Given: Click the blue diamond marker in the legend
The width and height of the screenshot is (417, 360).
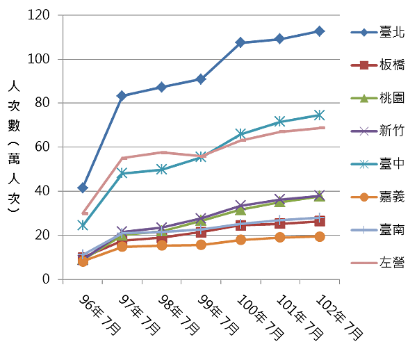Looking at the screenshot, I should point(363,32).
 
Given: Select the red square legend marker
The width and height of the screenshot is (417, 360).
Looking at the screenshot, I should point(363,65).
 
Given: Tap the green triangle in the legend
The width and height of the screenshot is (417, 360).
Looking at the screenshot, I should point(363,98).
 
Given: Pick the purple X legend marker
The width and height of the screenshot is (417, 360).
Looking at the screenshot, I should point(363,131).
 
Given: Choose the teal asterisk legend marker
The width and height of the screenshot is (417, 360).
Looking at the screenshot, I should point(363,164).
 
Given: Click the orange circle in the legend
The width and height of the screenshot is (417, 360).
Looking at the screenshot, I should point(363,197).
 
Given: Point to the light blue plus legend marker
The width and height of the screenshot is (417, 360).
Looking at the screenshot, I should point(363,230).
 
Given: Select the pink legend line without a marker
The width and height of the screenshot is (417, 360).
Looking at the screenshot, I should point(363,263).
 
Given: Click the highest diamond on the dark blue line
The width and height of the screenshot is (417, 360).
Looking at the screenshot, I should point(319,31).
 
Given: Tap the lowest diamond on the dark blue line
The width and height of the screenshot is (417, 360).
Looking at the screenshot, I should point(83,187).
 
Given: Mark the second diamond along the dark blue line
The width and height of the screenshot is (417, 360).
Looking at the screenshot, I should point(122,95).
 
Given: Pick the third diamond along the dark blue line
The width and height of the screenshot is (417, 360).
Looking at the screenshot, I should point(161,87).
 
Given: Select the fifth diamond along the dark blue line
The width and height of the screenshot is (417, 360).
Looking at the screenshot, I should point(240,42).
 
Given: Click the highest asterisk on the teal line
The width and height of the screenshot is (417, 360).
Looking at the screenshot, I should point(318,115).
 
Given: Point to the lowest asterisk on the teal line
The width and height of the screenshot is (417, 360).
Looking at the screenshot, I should point(83,224).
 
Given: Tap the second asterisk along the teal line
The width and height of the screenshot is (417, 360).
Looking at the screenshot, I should point(122,172).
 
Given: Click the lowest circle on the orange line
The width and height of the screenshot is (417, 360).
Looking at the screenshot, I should point(83,262).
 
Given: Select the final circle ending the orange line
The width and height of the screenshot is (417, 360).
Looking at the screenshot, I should point(319,237).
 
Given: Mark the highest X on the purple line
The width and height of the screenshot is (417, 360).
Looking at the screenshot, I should point(319,195).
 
